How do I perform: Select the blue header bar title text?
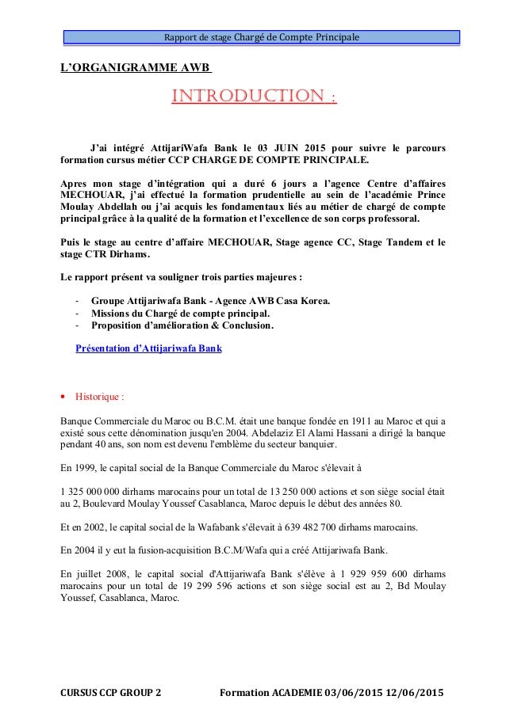point(261,38)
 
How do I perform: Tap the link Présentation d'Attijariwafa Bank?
point(148,348)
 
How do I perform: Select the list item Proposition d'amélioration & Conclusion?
point(182,325)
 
